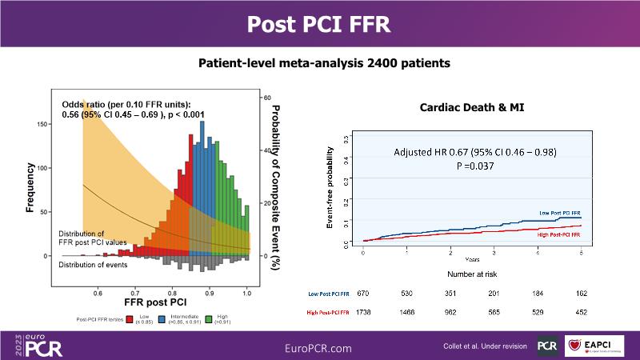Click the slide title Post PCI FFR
[x=319, y=23]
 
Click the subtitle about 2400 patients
[x=319, y=62]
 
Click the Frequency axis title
[x=29, y=188]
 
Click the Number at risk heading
[x=472, y=274]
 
